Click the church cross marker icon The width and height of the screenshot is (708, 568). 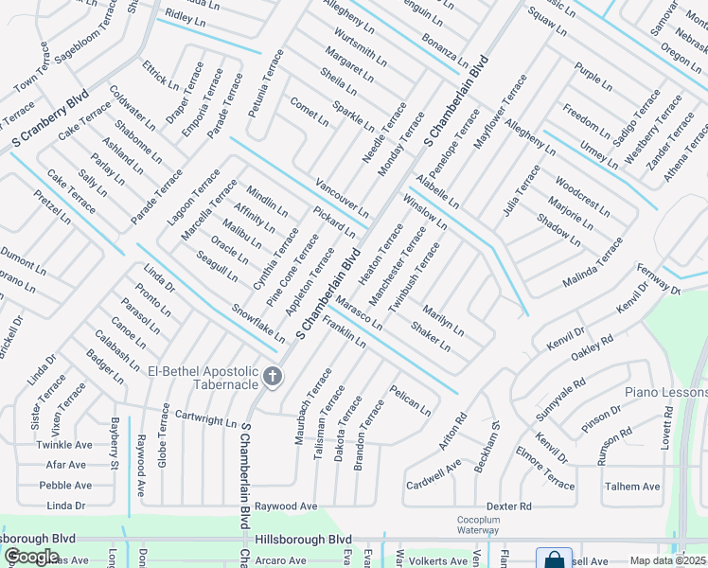click(272, 377)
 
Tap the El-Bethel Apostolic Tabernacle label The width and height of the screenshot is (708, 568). click(204, 377)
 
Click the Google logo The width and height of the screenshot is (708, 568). click(31, 557)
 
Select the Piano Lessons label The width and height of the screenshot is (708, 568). click(665, 392)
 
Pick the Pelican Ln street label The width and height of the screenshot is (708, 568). click(410, 399)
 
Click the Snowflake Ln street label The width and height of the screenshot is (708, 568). click(258, 323)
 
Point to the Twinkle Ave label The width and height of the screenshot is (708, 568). click(64, 444)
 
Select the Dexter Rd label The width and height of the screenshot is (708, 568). click(508, 506)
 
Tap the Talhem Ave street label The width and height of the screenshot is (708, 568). click(632, 487)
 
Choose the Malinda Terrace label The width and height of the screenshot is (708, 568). click(593, 262)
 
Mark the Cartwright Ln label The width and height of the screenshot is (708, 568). click(204, 417)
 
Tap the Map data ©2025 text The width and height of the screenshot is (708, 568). click(668, 560)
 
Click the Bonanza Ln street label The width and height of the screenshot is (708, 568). click(445, 53)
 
